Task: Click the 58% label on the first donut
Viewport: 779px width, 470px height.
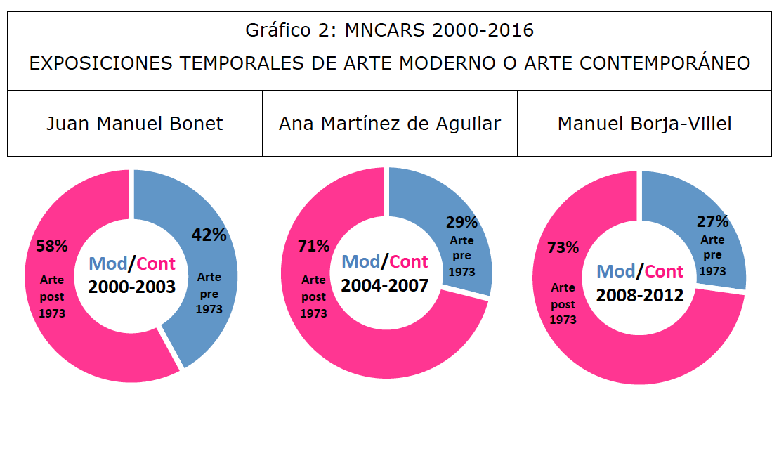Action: pyautogui.click(x=52, y=247)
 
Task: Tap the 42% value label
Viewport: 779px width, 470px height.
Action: pyautogui.click(x=209, y=235)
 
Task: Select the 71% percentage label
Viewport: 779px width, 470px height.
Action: pyautogui.click(x=313, y=246)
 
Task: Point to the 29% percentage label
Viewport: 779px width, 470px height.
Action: pyautogui.click(x=461, y=223)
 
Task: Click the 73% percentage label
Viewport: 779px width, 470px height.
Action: pyautogui.click(x=563, y=247)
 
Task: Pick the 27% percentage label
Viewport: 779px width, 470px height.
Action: pyautogui.click(x=712, y=222)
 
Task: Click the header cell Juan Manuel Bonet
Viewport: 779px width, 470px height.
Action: pyautogui.click(x=135, y=124)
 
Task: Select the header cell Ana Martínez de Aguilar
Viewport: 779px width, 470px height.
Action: pyautogui.click(x=390, y=124)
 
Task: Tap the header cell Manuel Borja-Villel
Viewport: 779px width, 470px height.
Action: pyautogui.click(x=644, y=124)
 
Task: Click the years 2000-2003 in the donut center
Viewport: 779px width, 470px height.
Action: pyautogui.click(x=131, y=287)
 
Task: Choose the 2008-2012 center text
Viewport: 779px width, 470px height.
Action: pyautogui.click(x=640, y=294)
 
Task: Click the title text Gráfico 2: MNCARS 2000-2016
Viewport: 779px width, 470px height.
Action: pyautogui.click(x=389, y=30)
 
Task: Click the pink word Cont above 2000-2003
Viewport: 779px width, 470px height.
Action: pyautogui.click(x=156, y=264)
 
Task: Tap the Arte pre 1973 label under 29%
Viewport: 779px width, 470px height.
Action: pyautogui.click(x=461, y=256)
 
